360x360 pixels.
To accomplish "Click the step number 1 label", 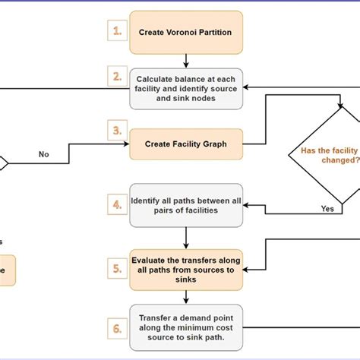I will [117, 32].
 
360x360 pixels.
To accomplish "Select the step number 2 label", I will [117, 77].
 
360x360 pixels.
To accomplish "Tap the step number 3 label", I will [117, 131].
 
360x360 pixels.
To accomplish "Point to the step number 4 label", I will [117, 204].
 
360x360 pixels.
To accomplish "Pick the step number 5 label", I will [117, 268].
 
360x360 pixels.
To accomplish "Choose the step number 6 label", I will [117, 328].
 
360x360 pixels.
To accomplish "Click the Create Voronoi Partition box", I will [186, 33].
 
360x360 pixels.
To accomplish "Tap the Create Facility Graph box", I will [186, 142].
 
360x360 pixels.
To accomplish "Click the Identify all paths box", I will [186, 204].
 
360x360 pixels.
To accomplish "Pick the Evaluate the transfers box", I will [186, 269].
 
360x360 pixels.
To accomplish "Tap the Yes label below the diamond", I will [327, 208].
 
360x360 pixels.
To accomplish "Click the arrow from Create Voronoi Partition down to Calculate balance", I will [186, 62].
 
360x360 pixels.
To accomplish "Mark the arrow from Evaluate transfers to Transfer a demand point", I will [186, 296].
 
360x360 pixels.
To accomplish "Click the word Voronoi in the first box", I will [180, 33].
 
